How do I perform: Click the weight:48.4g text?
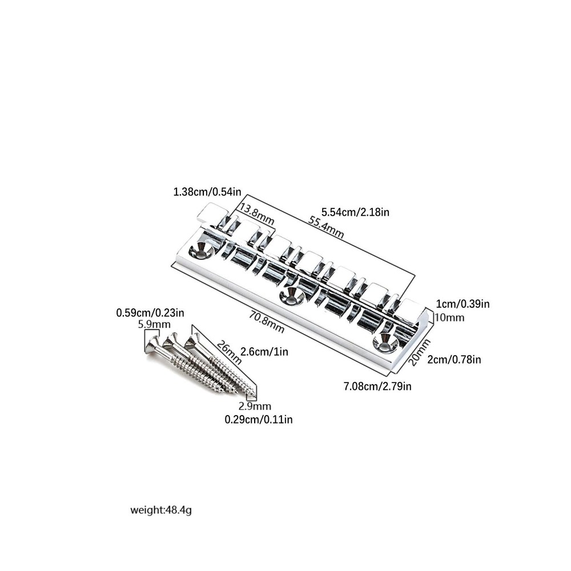[161, 510]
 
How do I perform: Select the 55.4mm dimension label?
[326, 227]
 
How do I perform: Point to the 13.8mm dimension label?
[257, 215]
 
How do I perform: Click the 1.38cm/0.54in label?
[207, 191]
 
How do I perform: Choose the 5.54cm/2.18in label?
[355, 212]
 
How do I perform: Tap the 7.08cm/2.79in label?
[377, 385]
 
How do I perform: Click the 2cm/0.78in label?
[454, 359]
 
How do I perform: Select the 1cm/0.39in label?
[463, 304]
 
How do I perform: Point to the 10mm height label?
[450, 317]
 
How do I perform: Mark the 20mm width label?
[419, 352]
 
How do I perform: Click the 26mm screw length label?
[229, 352]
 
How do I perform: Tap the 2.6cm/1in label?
[264, 352]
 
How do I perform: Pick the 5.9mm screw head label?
[154, 324]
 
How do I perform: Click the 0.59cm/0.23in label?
[150, 313]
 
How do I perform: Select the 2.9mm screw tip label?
[255, 406]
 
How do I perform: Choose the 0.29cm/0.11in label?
[259, 420]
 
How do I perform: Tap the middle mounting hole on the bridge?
[292, 295]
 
